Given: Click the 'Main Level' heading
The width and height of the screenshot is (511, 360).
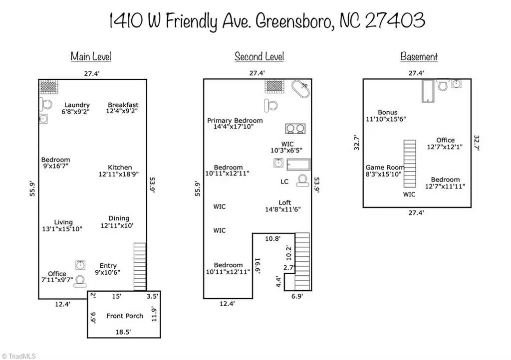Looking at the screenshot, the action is tap(91, 56).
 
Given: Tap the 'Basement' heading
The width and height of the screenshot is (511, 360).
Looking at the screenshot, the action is tap(419, 56).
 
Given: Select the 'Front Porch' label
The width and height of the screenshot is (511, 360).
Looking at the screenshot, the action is tap(125, 316).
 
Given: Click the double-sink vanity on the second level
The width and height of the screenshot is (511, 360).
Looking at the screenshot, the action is tap(295, 129).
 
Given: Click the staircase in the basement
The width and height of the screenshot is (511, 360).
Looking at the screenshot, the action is tap(410, 164).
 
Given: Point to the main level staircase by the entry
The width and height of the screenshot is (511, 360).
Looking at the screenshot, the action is tap(140, 267).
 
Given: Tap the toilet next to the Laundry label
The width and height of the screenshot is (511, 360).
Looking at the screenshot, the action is tap(46, 105).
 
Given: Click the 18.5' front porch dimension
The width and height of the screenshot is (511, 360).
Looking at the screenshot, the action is tap(123, 333).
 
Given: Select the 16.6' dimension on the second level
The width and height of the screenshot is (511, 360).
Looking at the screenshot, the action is tap(257, 266).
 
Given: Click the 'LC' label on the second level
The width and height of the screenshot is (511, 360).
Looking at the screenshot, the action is tap(284, 181).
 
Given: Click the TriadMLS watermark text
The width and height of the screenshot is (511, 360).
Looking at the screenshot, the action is tap(18, 356).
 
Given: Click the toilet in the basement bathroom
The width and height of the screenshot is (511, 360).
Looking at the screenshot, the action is tap(443, 85).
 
